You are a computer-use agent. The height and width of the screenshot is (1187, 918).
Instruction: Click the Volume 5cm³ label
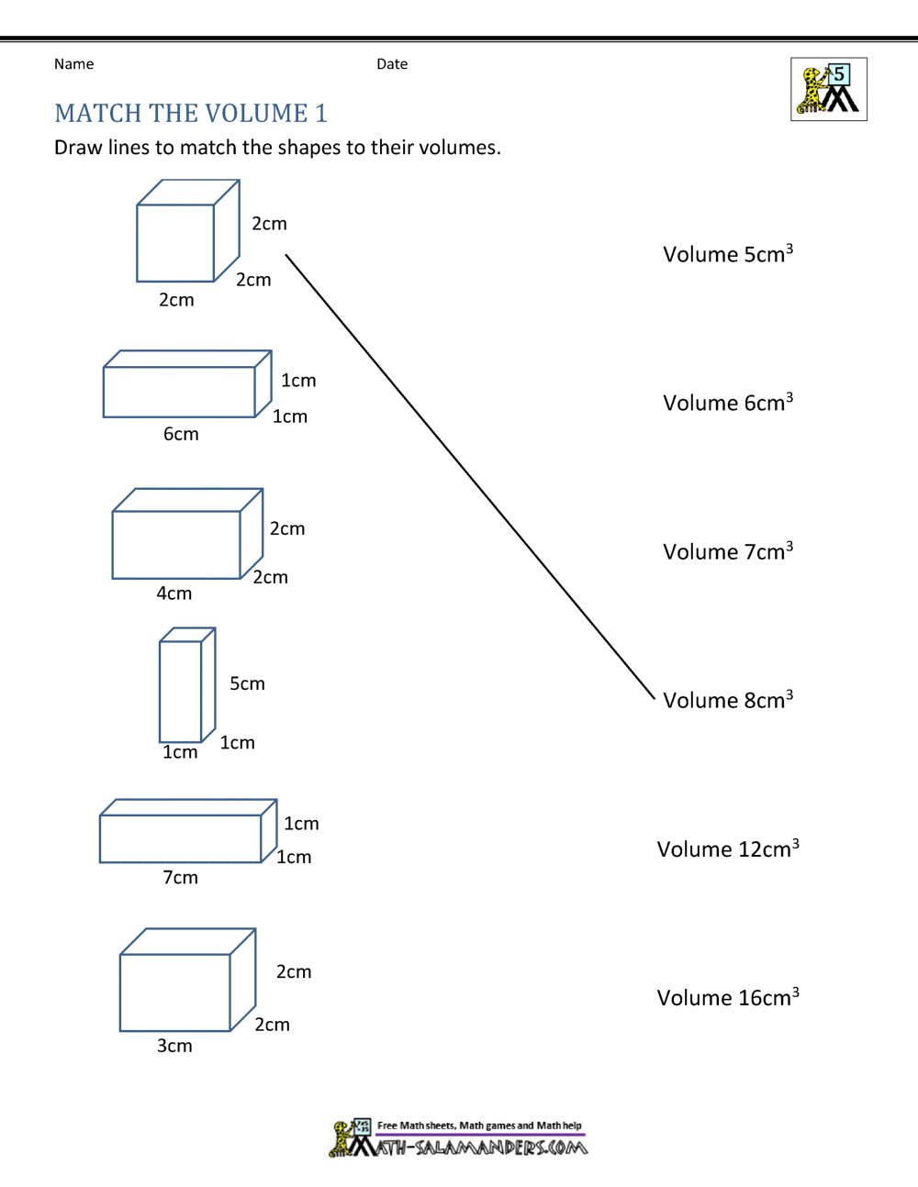click(727, 254)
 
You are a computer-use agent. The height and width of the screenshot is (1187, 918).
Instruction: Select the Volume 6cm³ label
click(727, 403)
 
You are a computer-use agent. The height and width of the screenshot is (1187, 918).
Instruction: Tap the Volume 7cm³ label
click(727, 551)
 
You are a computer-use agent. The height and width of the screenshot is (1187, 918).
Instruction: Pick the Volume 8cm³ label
click(727, 700)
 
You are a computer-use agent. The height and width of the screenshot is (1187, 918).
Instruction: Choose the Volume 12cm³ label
click(727, 849)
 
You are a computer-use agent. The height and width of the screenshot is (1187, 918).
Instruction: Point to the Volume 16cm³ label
click(727, 997)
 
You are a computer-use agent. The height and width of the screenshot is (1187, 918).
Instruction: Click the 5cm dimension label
click(247, 683)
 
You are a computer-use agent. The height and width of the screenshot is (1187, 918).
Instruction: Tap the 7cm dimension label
click(180, 878)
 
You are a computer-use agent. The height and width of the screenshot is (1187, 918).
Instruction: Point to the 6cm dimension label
click(181, 434)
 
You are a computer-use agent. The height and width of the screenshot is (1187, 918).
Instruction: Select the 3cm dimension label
click(174, 1046)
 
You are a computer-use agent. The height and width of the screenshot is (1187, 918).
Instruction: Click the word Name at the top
click(73, 64)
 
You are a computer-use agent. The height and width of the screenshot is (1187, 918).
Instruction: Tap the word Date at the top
click(392, 64)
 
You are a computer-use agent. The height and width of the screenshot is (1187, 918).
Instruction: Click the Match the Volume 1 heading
click(191, 113)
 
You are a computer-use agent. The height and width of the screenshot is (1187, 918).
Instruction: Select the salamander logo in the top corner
click(828, 90)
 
